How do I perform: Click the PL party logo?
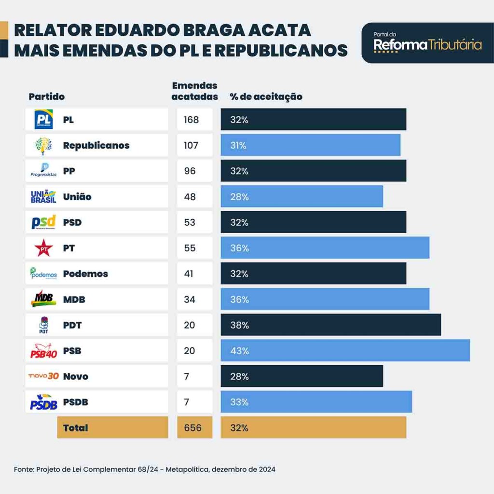coord(43,120)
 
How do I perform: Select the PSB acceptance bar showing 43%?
coord(345,351)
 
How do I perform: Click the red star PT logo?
coord(43,248)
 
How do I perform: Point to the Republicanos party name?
coord(96,145)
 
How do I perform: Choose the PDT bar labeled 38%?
coord(330,325)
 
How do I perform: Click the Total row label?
coord(76,427)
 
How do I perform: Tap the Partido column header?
coord(46,96)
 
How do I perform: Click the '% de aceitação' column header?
coord(266,96)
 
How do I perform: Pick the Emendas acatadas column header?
coord(195,91)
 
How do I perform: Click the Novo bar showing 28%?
coord(302,376)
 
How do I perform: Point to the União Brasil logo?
coord(43,197)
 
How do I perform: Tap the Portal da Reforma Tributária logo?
coord(427,43)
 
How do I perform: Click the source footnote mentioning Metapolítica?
coord(145,469)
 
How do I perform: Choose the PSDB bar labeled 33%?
coord(316,402)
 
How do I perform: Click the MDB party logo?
coord(43,299)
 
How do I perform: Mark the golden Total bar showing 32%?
coord(313,427)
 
